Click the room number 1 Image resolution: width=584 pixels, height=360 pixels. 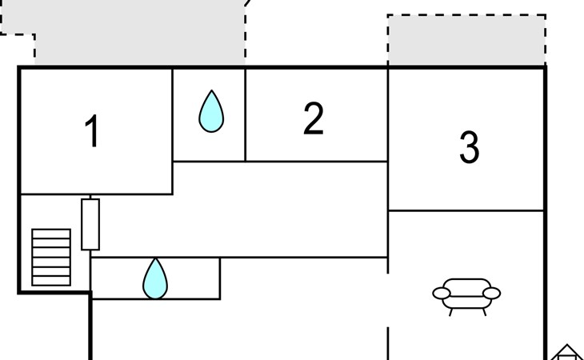(x=92, y=130)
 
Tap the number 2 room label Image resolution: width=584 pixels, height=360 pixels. (x=314, y=118)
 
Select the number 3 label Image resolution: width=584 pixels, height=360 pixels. (x=470, y=147)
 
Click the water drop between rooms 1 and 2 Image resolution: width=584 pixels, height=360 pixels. (x=211, y=111)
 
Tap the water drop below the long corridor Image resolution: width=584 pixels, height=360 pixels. (x=155, y=278)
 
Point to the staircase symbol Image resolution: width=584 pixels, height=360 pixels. (x=51, y=258)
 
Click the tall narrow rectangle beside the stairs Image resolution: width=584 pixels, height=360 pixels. (x=90, y=225)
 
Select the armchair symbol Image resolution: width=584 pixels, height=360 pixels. (x=466, y=297)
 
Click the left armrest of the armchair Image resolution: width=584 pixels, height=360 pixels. (x=442, y=294)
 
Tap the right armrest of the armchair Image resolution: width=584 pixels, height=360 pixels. (x=492, y=294)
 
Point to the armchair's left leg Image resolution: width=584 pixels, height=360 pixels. (x=450, y=312)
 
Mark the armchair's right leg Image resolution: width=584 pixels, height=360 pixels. (x=484, y=312)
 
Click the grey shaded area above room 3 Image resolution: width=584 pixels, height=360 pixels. (x=466, y=40)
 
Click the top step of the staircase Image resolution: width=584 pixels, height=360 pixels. (x=51, y=234)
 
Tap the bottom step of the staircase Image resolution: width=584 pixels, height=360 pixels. (x=51, y=281)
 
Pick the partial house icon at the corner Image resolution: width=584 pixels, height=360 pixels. (x=566, y=352)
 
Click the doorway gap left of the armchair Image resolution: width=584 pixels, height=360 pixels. (x=388, y=300)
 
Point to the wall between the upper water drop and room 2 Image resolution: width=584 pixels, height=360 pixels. (x=246, y=114)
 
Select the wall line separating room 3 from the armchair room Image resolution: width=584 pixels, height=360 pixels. (x=466, y=210)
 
